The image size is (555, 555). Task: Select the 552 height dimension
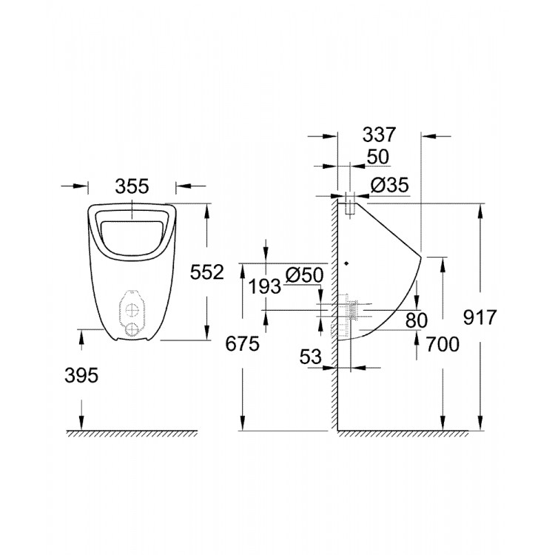pyautogui.click(x=206, y=272)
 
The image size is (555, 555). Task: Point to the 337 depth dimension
pyautogui.click(x=380, y=135)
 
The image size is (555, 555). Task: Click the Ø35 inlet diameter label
pyautogui.click(x=390, y=186)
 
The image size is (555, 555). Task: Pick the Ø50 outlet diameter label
pyautogui.click(x=303, y=275)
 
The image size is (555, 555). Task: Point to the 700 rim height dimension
pyautogui.click(x=443, y=343)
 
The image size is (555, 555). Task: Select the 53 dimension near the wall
pyautogui.click(x=311, y=357)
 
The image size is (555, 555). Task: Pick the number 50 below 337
pyautogui.click(x=378, y=158)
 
